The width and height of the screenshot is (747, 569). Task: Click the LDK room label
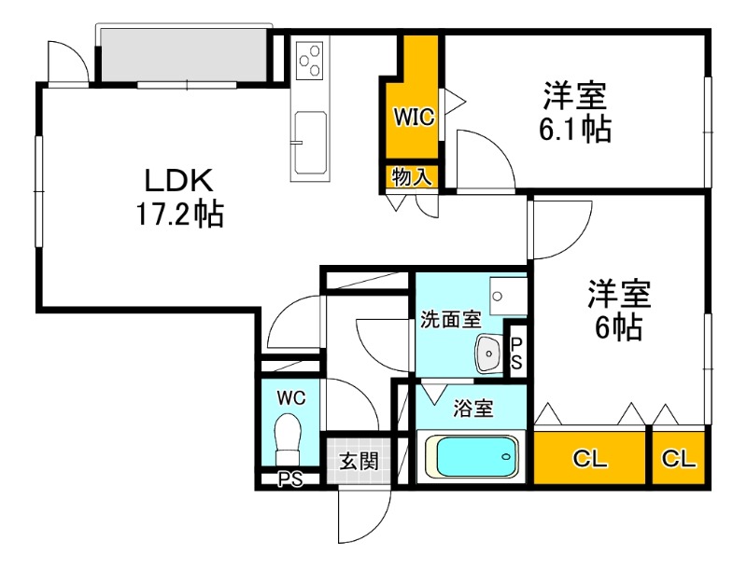click(x=179, y=180)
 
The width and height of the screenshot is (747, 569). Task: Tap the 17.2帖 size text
click(x=179, y=215)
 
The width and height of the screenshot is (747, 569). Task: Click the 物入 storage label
click(x=412, y=177)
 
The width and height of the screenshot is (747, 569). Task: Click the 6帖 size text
click(x=616, y=327)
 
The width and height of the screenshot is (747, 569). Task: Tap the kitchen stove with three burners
click(x=310, y=61)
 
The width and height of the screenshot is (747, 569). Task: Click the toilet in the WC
click(x=289, y=437)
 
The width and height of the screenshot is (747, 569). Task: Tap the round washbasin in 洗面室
click(x=487, y=353)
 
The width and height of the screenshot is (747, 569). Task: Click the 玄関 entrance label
click(x=357, y=460)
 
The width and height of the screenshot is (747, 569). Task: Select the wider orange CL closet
click(x=590, y=458)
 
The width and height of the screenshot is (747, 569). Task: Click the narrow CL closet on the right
click(x=679, y=458)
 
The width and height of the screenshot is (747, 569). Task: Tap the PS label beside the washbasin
click(x=516, y=352)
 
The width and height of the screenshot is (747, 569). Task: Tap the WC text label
click(x=290, y=397)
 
